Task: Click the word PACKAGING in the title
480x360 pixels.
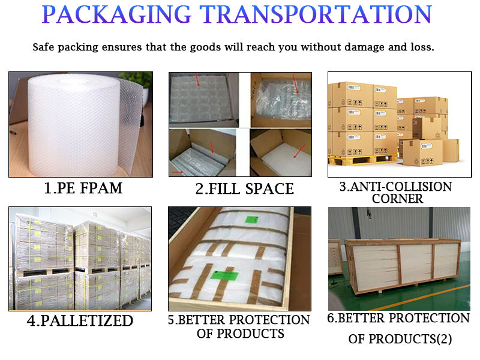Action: tap(119, 14)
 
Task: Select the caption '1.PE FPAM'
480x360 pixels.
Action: tap(83, 188)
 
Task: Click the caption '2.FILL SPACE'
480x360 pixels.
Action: tap(245, 189)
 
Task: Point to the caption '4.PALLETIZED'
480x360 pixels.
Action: tap(80, 320)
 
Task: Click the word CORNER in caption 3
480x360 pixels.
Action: tap(398, 198)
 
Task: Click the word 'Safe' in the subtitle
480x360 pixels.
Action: tap(46, 46)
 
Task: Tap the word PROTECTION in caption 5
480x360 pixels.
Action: tap(270, 320)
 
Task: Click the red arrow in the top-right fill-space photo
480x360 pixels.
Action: tap(295, 83)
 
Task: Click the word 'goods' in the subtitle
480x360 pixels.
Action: tap(200, 46)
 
